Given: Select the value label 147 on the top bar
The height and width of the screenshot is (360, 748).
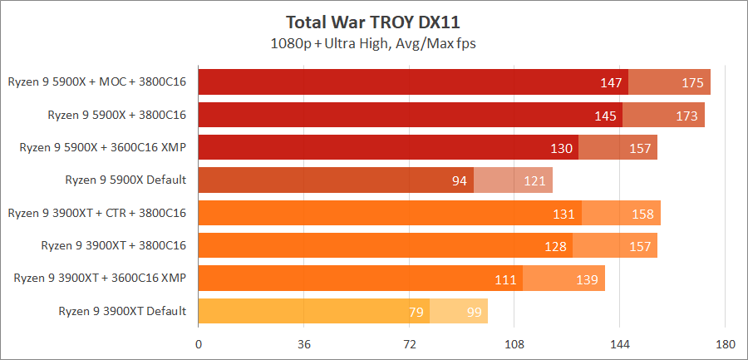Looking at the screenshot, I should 611,83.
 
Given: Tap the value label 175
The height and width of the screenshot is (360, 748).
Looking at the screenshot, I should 692,83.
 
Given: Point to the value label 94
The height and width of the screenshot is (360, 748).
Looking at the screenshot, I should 460,181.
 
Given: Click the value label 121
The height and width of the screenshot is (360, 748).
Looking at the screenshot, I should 534,181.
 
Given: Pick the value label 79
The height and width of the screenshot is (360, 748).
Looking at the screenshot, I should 416,312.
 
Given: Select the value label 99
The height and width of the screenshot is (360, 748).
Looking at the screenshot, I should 475,312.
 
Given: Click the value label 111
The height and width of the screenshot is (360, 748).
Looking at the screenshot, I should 505,279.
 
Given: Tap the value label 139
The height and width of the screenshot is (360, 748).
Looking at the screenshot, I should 587,279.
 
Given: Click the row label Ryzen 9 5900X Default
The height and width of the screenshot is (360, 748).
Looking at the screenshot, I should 125,180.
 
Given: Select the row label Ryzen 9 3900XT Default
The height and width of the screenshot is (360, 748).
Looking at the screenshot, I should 122,312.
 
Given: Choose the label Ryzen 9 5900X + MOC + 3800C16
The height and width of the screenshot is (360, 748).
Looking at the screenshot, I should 96,82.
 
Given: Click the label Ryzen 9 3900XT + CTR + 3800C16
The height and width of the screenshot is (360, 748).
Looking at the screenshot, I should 96,214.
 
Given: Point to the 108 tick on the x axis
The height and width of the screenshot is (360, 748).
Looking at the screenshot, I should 514,343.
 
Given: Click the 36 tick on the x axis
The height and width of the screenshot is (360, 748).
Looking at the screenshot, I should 304,343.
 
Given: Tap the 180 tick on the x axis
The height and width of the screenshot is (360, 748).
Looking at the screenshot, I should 726,343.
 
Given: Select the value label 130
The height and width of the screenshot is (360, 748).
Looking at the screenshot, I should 562,149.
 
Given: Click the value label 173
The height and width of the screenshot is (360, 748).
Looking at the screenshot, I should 686,116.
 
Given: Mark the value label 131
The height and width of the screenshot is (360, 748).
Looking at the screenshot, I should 564,214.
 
